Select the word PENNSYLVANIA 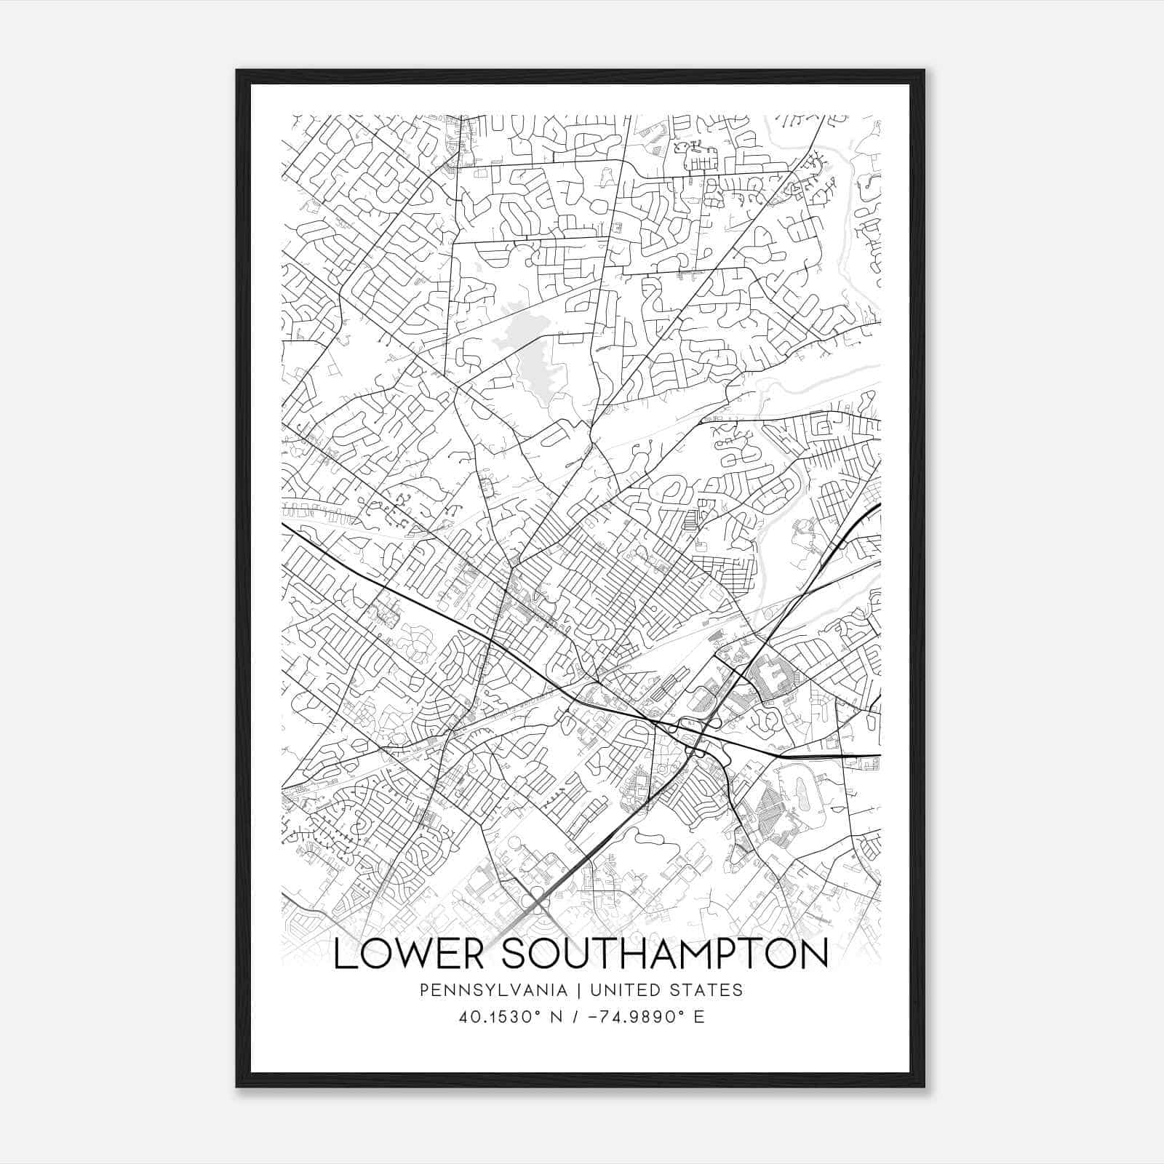tap(493, 990)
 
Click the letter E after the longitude tap(699, 1016)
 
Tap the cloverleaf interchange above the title tap(537, 904)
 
